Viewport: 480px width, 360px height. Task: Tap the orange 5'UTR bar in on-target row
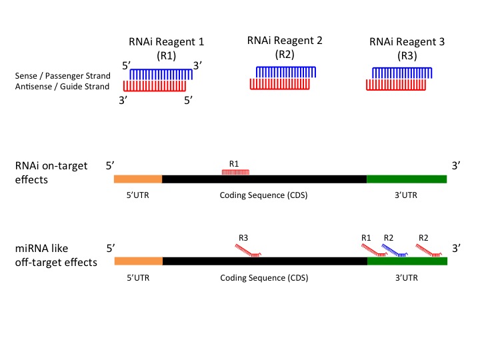[138, 179]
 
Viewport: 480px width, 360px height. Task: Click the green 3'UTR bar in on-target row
[406, 179]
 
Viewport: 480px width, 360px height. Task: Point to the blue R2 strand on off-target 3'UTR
[393, 250]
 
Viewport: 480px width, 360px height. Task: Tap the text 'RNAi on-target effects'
[51, 173]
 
